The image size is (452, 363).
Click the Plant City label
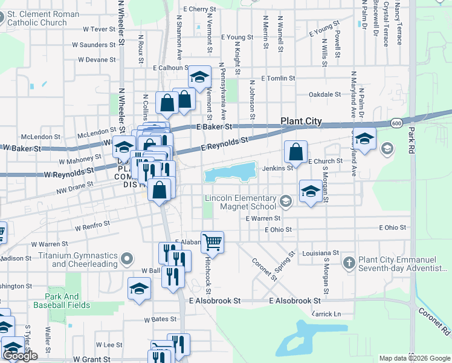301,121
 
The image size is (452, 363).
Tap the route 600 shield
396,123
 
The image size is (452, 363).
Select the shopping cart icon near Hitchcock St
213,242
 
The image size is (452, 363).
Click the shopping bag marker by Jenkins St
296,152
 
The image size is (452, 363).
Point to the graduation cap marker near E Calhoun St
199,77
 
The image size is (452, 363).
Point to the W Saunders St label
94,45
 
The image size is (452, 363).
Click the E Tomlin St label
278,79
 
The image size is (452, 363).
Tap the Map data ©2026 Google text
414,358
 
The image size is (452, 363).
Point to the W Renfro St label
92,226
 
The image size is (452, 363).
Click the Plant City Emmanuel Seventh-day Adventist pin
349,263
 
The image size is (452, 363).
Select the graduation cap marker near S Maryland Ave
364,139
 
